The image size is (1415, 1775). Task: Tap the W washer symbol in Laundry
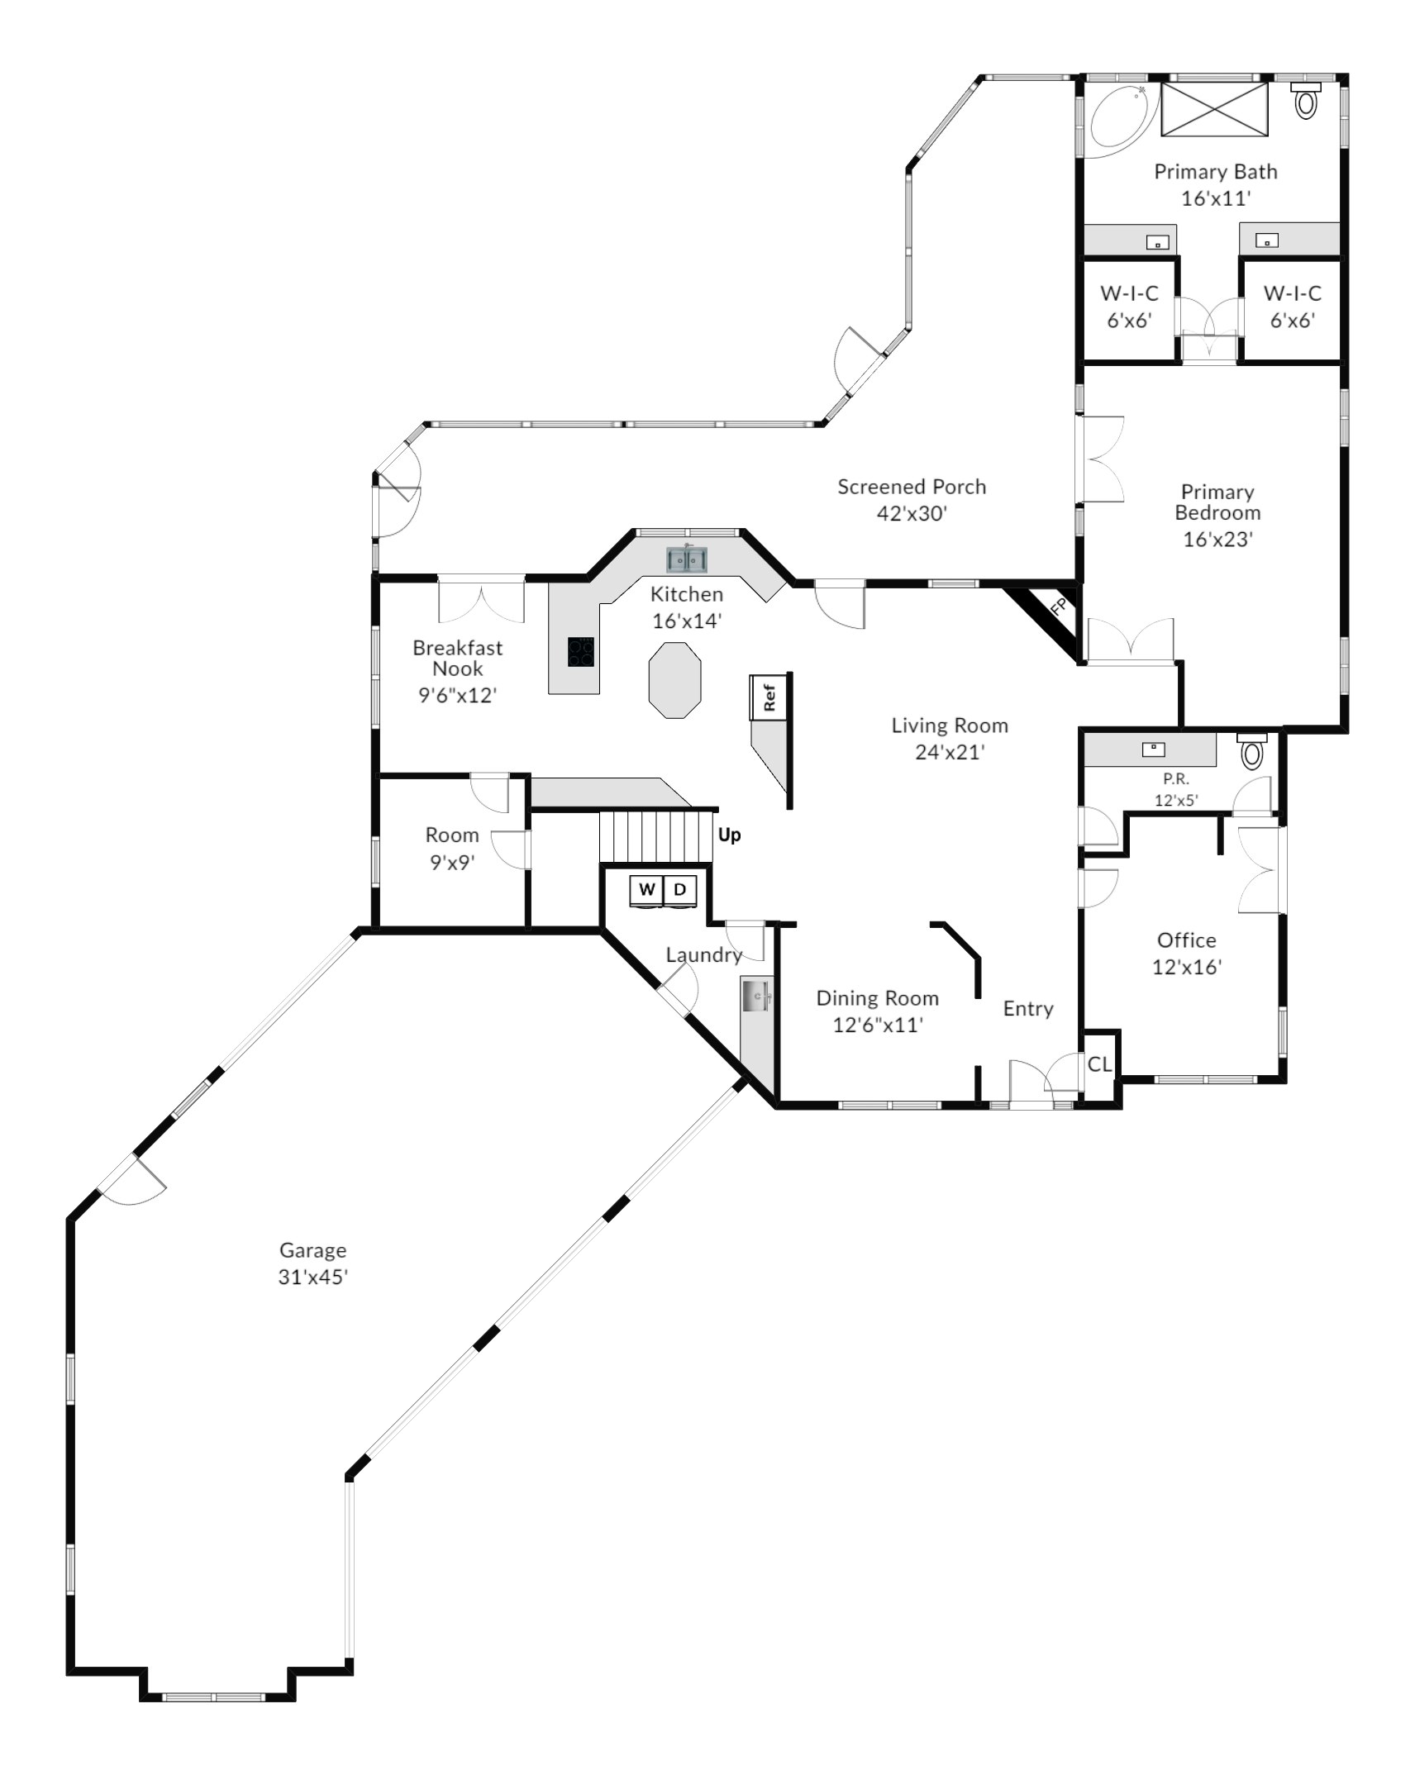click(647, 890)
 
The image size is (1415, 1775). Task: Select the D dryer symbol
click(680, 890)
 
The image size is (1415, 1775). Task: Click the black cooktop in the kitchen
click(580, 651)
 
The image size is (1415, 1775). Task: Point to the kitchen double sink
click(687, 560)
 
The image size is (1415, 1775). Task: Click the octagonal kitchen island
click(675, 680)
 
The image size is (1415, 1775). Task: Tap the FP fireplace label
click(1058, 607)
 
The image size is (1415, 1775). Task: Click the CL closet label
click(1099, 1064)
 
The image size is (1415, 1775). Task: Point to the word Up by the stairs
click(729, 835)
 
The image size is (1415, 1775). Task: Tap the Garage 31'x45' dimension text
click(312, 1277)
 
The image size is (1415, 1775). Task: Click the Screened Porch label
click(912, 487)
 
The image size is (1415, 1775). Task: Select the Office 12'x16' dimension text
click(1187, 967)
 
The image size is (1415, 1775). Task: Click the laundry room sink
click(756, 997)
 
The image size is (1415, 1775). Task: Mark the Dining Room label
click(877, 998)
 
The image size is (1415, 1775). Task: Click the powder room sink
click(1153, 749)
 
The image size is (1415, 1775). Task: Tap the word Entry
click(1028, 1009)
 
